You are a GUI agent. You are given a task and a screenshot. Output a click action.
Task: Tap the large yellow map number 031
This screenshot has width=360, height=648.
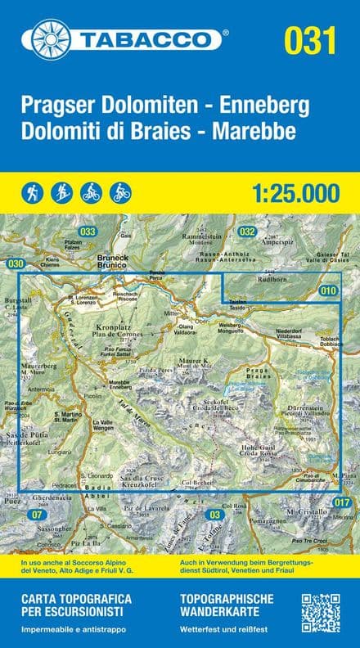[x=310, y=39]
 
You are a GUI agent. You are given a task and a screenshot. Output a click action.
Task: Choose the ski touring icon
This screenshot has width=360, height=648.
[x=62, y=192]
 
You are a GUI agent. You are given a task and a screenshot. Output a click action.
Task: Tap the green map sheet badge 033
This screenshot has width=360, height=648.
[x=88, y=232]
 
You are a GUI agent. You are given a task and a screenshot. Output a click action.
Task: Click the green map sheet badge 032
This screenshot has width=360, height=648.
[x=248, y=232]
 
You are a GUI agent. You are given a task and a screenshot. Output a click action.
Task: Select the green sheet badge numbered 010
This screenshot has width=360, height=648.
[x=328, y=290]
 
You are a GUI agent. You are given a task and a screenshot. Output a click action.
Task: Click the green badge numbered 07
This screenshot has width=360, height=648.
[x=36, y=514]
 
